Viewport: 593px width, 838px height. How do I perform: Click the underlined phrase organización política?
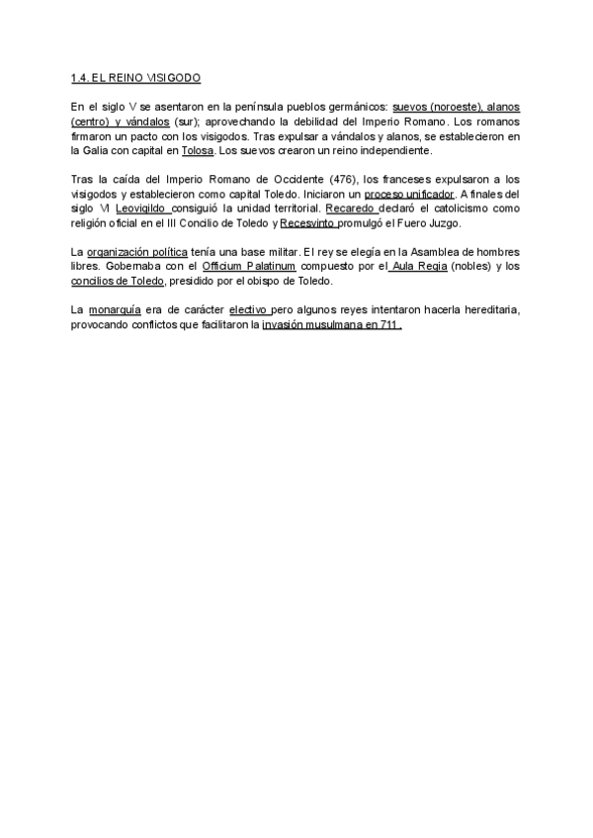pos(136,252)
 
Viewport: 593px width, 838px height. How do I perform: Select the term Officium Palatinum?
pos(248,267)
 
